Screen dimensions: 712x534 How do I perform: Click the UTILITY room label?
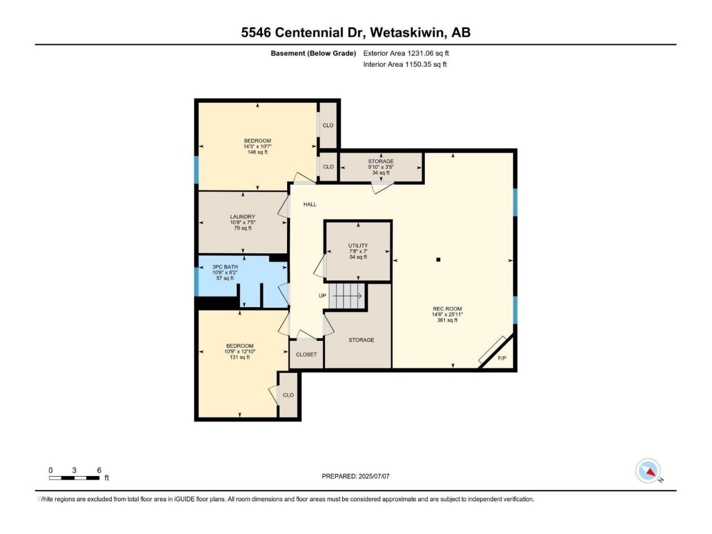(358, 245)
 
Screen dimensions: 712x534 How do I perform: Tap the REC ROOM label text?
(447, 309)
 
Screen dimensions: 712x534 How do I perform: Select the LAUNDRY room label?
(243, 216)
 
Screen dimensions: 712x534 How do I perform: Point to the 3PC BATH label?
(225, 267)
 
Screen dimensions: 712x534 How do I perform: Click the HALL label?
(310, 204)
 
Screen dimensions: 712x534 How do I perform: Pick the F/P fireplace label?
(502, 358)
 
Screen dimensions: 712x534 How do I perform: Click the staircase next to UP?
(347, 296)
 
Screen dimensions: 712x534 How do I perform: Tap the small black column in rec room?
(438, 259)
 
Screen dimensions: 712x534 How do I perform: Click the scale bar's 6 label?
(99, 470)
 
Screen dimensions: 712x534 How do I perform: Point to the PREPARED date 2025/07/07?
(374, 476)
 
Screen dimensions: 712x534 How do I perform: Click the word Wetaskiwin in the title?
(407, 32)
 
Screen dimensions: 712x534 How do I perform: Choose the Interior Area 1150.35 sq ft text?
(405, 64)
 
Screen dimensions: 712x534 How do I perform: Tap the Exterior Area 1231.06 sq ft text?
(406, 53)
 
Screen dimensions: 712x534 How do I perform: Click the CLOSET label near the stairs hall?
(306, 354)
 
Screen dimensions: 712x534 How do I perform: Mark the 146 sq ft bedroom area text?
(258, 152)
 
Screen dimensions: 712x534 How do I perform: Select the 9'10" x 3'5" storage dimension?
(381, 167)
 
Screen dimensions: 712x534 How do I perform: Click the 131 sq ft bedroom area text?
(240, 357)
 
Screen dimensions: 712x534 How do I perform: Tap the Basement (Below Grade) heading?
(313, 53)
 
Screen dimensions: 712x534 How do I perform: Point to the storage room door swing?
(382, 187)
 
